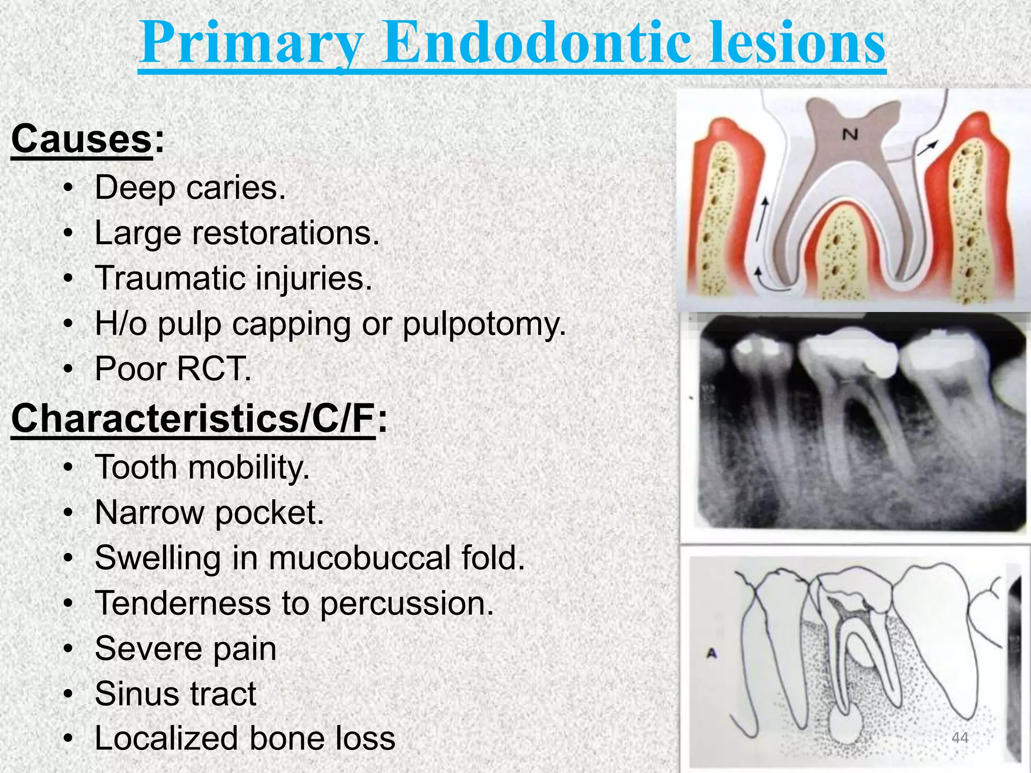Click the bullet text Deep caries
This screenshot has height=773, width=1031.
[190, 188]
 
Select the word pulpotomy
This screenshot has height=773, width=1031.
[484, 324]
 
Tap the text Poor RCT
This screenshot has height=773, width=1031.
[173, 369]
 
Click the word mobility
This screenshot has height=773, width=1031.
[249, 468]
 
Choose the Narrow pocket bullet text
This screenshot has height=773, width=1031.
[209, 513]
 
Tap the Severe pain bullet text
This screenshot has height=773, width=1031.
[185, 649]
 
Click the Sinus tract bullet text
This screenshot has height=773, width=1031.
[175, 694]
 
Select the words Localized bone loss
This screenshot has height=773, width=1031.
[245, 739]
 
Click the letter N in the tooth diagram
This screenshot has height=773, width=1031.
[850, 134]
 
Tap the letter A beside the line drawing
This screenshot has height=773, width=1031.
[711, 654]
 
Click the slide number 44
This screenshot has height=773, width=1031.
[960, 738]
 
